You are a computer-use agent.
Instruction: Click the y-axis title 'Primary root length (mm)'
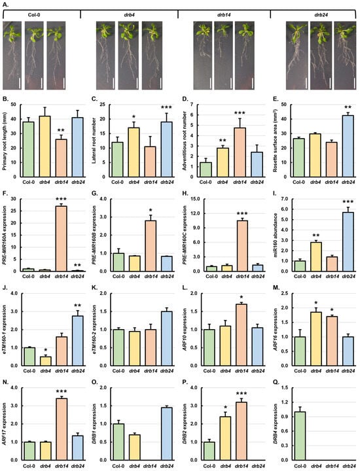point(7,137)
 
